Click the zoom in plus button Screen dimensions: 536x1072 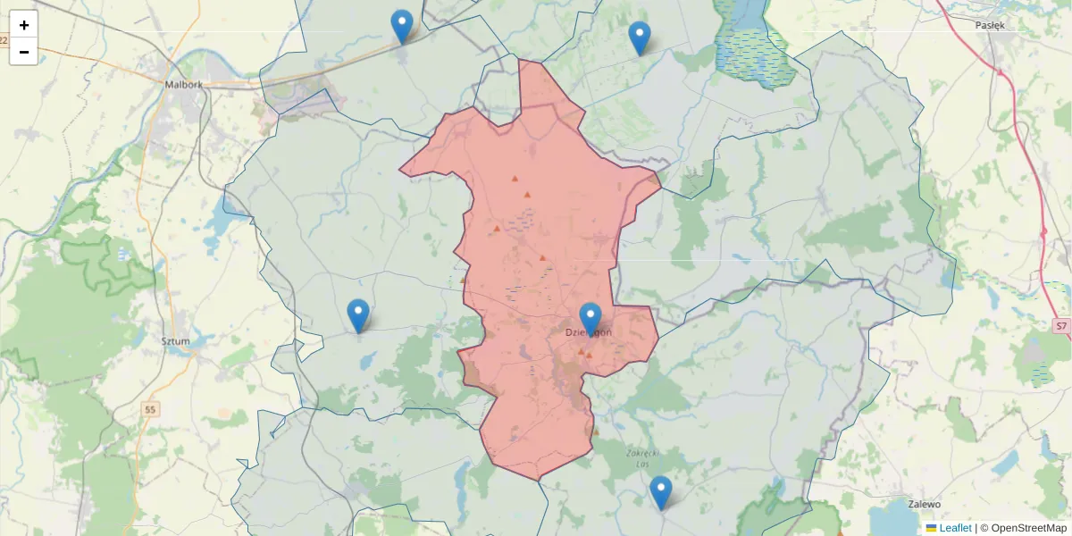pos(24,25)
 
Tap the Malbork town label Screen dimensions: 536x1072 pos(184,85)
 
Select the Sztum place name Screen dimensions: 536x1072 pos(175,340)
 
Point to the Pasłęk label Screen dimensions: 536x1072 pos(990,25)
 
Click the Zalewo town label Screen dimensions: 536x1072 pos(923,504)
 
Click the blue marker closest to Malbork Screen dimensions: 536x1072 pos(402,26)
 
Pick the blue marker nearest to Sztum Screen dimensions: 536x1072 pos(358,315)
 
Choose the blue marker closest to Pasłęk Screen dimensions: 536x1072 pos(640,38)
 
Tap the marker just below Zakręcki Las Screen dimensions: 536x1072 pos(660,492)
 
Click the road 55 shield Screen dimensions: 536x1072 pos(151,409)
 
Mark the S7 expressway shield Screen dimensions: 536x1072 pos(1060,326)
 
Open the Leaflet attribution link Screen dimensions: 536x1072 pos(955,528)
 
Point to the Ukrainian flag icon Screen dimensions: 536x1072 pos(932,528)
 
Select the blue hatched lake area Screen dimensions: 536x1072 pos(749,49)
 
